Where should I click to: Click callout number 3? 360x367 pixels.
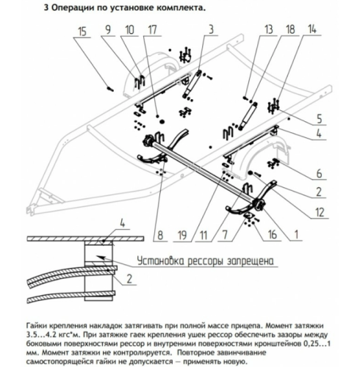point(209,30)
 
